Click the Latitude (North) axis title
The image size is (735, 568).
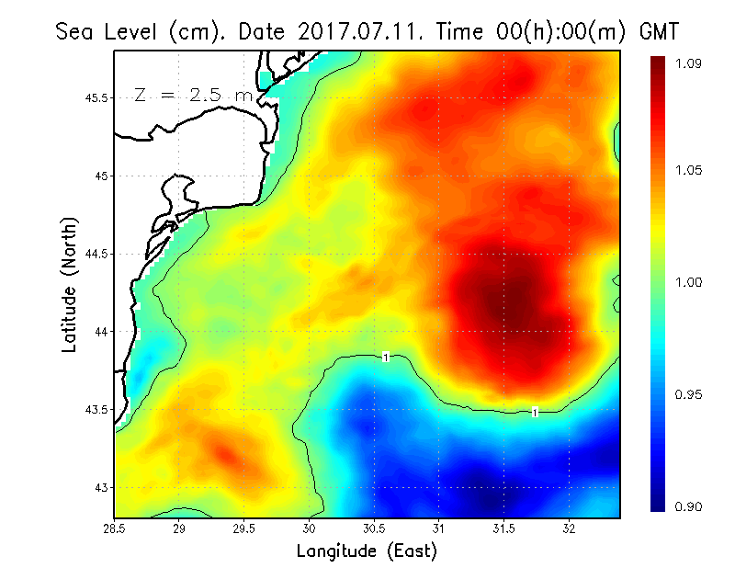70,285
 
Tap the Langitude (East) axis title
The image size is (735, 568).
367,551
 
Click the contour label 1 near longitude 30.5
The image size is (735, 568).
387,357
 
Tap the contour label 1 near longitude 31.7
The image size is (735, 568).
535,412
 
